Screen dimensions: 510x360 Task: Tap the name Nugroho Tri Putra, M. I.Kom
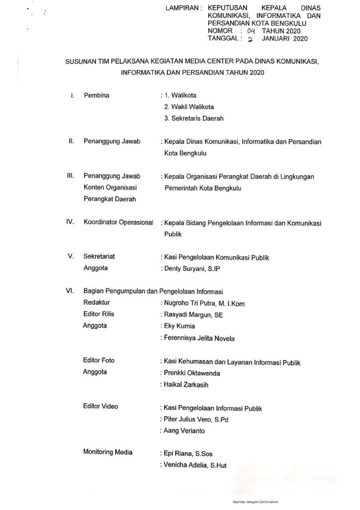click(203, 303)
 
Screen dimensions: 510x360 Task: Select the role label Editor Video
click(101, 407)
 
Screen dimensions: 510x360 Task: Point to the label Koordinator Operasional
click(119, 223)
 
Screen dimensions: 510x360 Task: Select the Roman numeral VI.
click(70, 291)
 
